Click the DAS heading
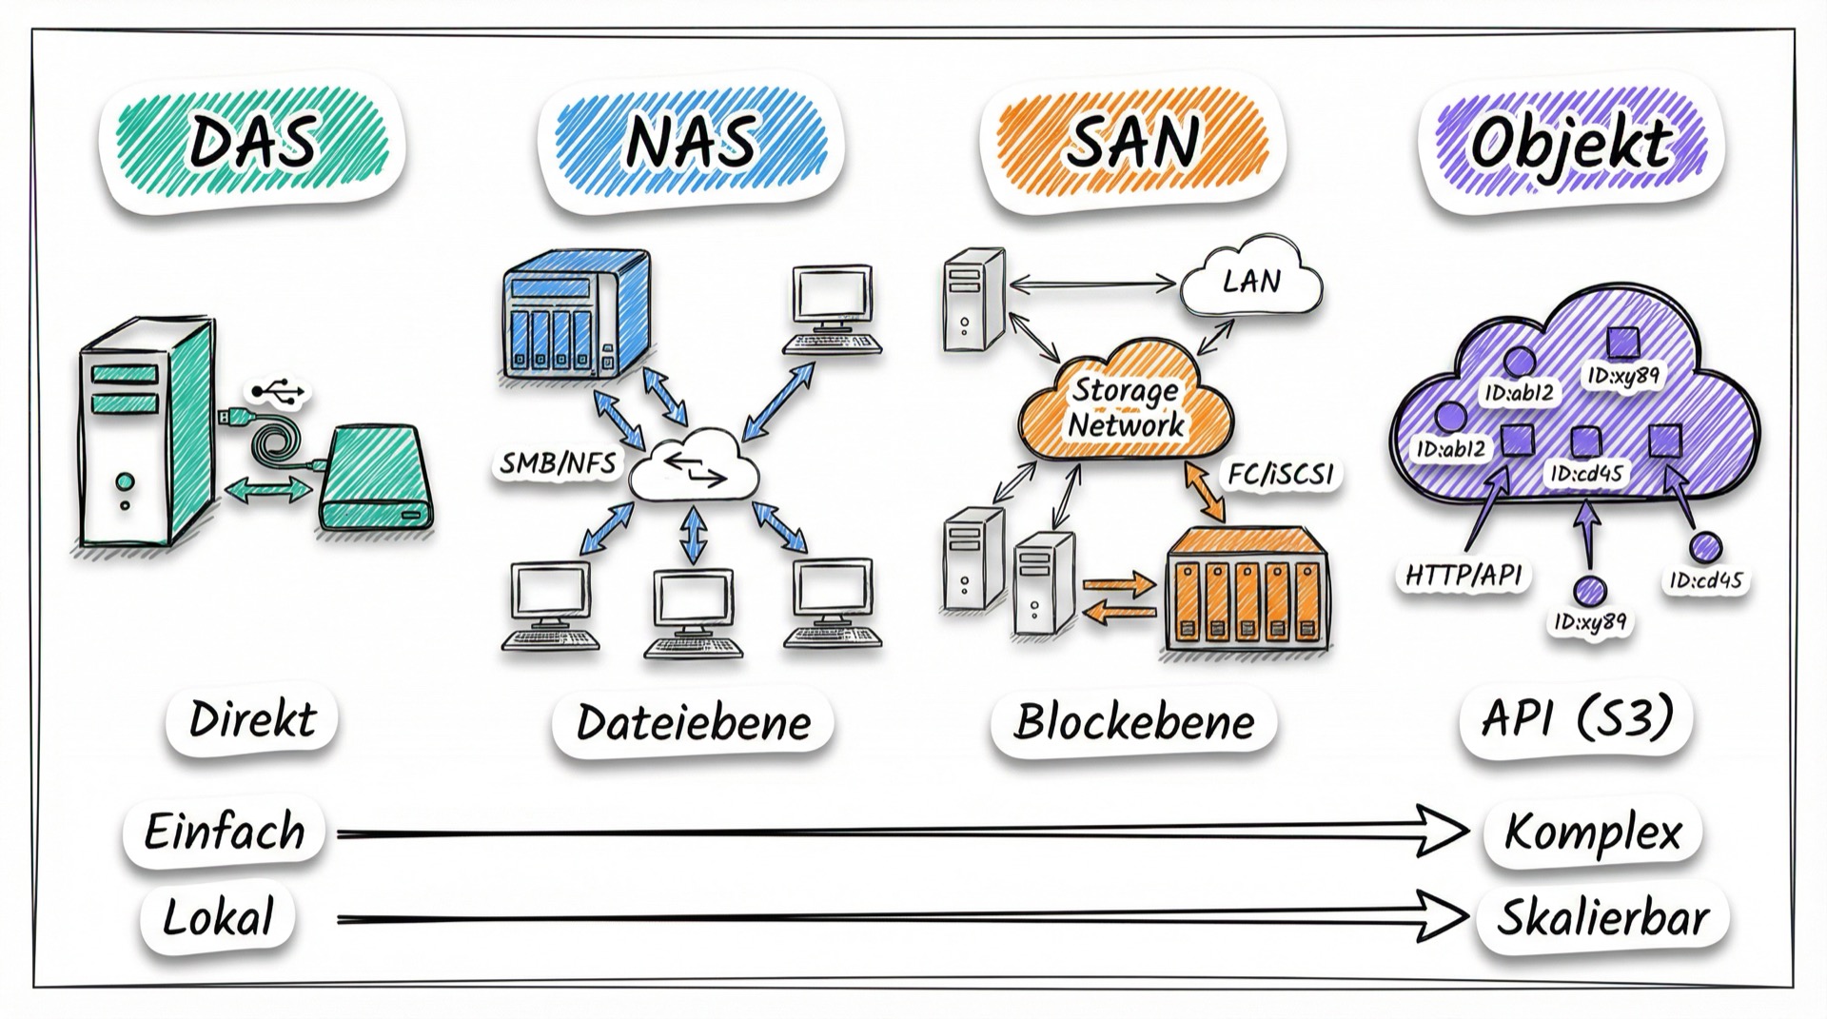click(252, 143)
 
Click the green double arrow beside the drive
click(268, 489)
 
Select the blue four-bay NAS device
click(576, 314)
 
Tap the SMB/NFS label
click(558, 463)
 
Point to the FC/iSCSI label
click(1280, 474)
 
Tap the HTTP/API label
click(1463, 575)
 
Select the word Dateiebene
click(694, 723)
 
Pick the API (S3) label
click(1577, 717)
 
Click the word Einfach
click(225, 832)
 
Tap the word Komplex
click(1593, 833)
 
